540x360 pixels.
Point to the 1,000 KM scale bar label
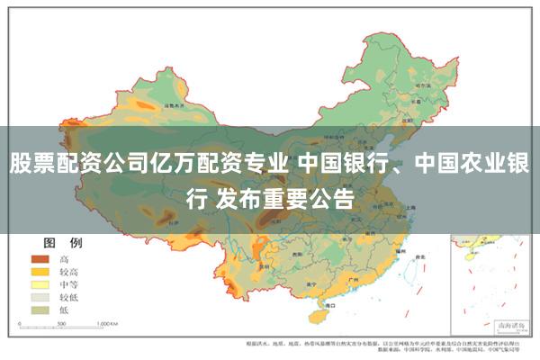pos(107,321)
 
